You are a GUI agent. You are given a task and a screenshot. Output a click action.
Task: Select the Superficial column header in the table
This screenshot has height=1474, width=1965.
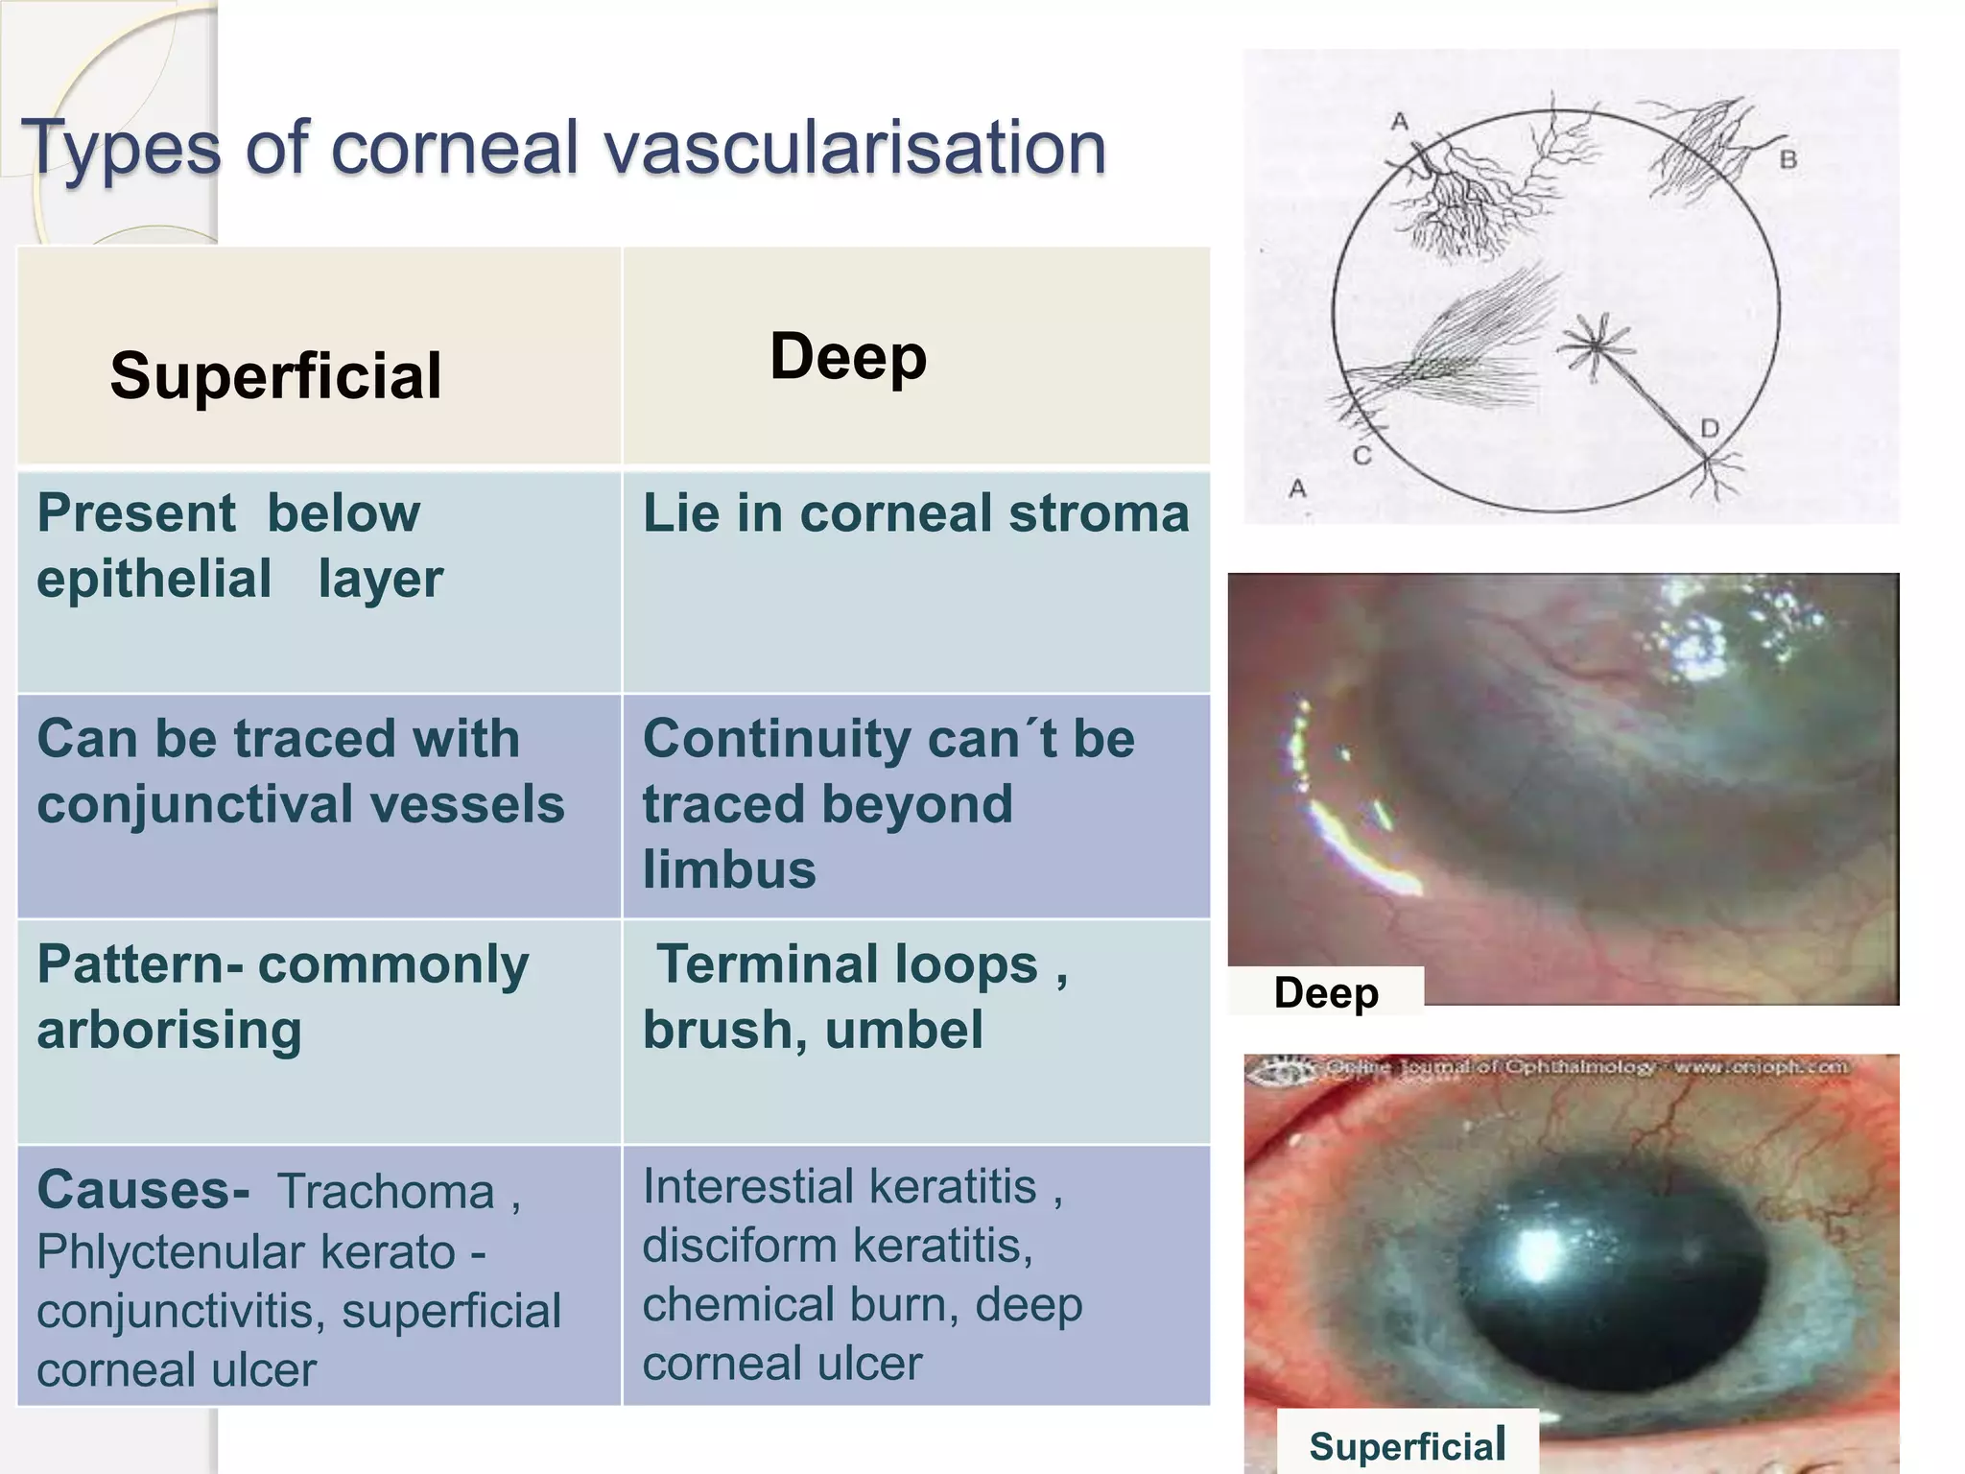point(275,375)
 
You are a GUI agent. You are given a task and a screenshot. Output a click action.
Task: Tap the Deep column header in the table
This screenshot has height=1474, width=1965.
point(848,356)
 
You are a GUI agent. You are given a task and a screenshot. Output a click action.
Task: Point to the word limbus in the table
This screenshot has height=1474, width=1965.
point(729,869)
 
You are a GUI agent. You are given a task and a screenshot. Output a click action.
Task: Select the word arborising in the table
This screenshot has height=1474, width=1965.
point(169,1030)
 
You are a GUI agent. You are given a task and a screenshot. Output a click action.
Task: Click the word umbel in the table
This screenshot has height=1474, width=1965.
point(903,1030)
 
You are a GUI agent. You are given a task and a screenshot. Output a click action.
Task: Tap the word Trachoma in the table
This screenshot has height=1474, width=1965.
point(387,1192)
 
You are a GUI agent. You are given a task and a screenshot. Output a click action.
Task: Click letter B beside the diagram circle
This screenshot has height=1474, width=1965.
point(1787,159)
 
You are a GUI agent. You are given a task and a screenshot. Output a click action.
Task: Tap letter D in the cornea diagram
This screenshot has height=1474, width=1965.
point(1710,429)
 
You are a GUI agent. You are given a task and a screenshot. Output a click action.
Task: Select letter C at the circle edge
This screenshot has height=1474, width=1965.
point(1361,456)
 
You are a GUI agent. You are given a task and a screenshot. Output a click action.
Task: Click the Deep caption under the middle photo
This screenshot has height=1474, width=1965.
point(1326,992)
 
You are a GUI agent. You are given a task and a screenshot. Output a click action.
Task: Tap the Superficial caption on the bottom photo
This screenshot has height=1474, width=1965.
point(1408,1445)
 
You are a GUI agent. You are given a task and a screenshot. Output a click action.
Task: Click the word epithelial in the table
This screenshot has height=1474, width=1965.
point(154,579)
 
